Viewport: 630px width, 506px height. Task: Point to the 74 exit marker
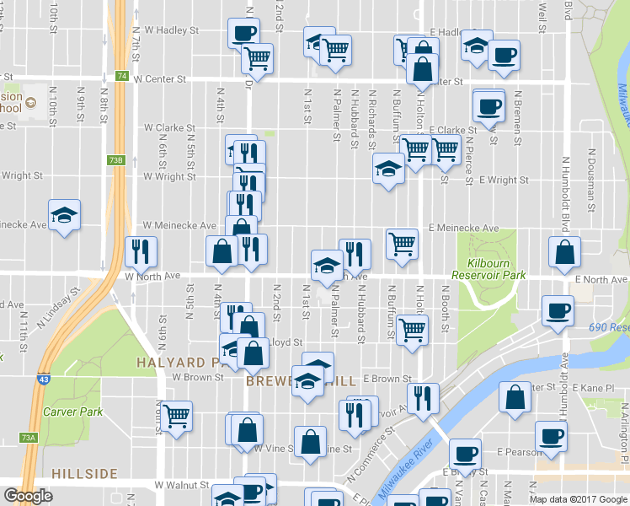coord(122,76)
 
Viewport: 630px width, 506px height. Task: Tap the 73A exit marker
coord(29,438)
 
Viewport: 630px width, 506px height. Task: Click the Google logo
coord(28,496)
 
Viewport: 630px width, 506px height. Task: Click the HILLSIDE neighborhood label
coord(83,474)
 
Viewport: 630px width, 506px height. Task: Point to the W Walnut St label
coord(182,486)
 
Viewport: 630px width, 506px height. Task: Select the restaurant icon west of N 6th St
coord(141,250)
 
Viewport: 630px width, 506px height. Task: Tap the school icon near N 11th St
coord(64,214)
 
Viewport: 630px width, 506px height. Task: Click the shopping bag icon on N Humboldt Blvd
coord(563,251)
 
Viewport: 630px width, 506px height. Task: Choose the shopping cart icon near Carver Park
coord(177,415)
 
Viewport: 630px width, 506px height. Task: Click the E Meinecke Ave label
coord(463,228)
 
